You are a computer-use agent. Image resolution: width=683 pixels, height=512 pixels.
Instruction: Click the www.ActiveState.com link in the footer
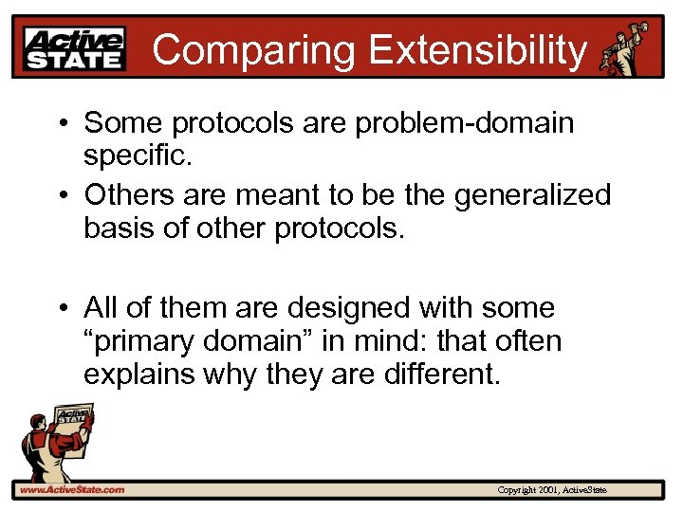[71, 489]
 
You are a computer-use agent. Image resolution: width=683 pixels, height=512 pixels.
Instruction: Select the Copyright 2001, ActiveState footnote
[552, 490]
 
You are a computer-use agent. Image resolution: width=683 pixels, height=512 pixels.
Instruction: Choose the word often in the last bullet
[524, 340]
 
